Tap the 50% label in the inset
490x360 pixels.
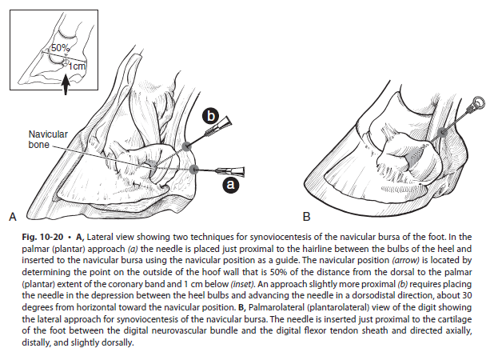(x=60, y=49)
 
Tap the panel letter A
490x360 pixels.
(x=12, y=216)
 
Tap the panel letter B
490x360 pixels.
(x=306, y=216)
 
